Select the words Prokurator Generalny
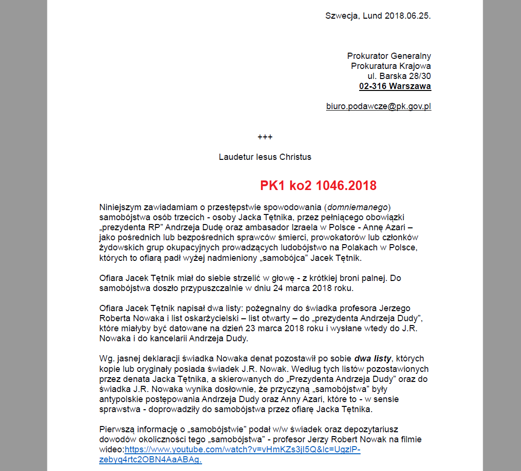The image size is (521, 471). click(389, 56)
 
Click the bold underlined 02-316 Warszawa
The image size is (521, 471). click(395, 87)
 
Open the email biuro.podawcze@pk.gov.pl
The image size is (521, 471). click(378, 106)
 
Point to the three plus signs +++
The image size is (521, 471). click(265, 137)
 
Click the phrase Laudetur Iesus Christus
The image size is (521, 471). click(265, 157)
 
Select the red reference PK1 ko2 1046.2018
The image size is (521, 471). click(318, 185)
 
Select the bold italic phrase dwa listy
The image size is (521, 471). click(373, 359)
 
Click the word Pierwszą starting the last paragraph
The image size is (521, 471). click(116, 429)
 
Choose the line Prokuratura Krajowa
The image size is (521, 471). click(391, 66)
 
